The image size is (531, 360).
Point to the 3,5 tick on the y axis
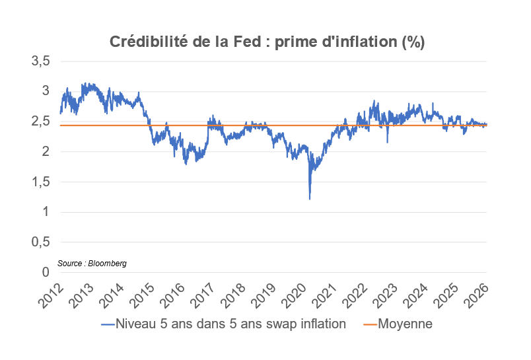click(x=40, y=61)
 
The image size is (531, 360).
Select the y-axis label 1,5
click(x=40, y=182)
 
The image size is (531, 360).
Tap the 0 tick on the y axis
click(x=46, y=272)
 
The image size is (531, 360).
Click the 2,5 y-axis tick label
click(x=40, y=122)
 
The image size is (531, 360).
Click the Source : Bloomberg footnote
click(x=92, y=263)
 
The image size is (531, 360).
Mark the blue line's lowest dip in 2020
click(x=310, y=199)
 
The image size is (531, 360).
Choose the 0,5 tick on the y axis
click(x=40, y=242)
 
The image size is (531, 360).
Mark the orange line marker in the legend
click(x=369, y=324)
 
